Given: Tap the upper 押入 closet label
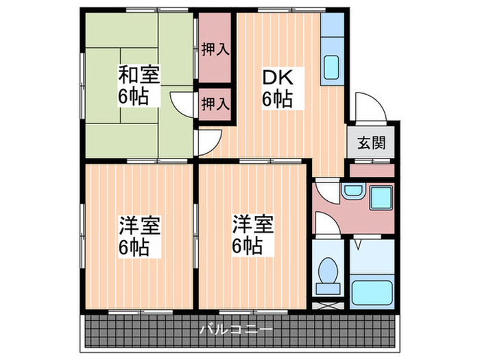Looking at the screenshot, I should click(215, 49).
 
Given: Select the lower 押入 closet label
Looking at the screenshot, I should click(215, 104).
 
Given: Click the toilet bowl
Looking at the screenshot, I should click(327, 272).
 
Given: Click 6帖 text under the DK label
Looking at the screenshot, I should click(278, 98).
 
